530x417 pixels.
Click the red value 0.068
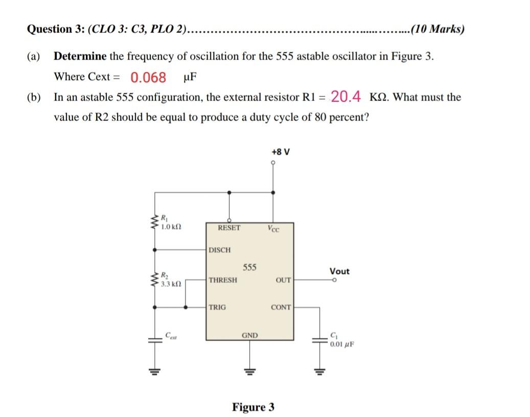(148, 78)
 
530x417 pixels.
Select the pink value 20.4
(346, 96)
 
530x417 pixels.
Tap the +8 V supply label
(281, 152)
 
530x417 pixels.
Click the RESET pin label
(228, 227)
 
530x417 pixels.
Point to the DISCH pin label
(219, 250)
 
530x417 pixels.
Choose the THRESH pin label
(223, 280)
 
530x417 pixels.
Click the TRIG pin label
(217, 308)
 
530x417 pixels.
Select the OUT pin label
(283, 280)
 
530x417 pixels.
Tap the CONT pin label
(281, 308)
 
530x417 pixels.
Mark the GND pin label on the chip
(249, 336)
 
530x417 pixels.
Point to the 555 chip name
(249, 267)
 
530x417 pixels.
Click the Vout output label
(339, 271)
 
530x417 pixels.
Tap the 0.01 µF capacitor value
(341, 344)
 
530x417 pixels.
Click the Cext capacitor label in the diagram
(170, 335)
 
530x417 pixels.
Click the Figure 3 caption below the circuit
(253, 407)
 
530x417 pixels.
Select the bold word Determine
(80, 56)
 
